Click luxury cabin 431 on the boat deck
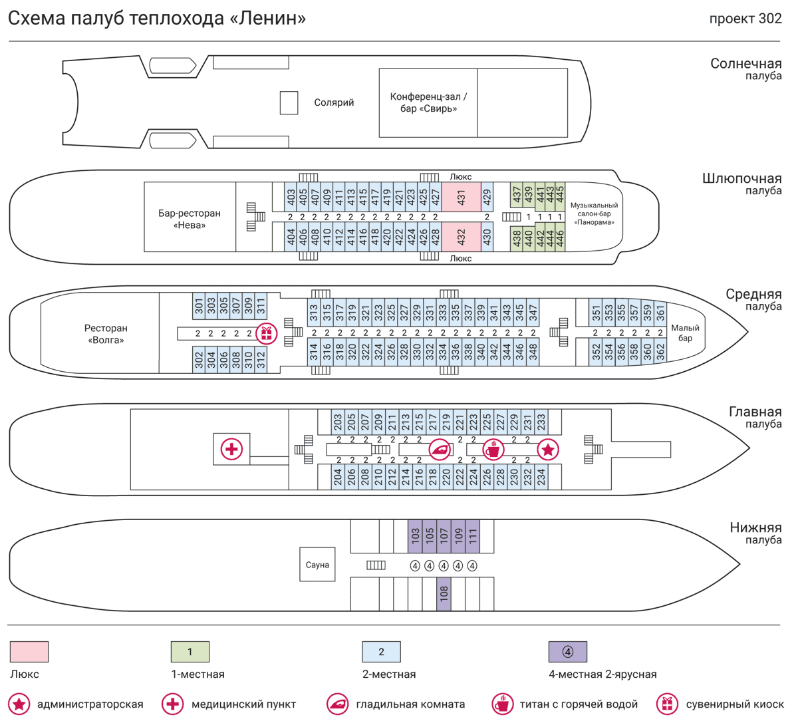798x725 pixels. coord(461,198)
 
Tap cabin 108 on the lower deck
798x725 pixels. coord(444,594)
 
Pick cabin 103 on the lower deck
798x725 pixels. coord(415,536)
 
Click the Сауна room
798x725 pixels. coord(317,565)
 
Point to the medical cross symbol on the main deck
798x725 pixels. coord(231,450)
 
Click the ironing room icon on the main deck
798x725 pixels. coord(440,450)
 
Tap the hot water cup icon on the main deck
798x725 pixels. coord(493,450)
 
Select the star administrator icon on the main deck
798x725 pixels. coord(548,450)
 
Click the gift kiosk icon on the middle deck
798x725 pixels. coord(267,333)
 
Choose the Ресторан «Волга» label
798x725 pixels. coord(106,334)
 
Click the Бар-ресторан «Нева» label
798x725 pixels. coord(190,219)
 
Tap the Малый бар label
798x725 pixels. coord(685,333)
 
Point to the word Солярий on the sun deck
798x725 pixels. coord(334,102)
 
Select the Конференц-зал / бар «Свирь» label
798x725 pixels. coord(428,102)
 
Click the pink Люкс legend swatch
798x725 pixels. coord(29,652)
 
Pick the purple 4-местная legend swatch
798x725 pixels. coord(567,652)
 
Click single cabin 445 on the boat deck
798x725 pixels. coord(560,198)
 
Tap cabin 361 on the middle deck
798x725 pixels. coord(660,313)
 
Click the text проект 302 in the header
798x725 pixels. coord(745,19)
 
